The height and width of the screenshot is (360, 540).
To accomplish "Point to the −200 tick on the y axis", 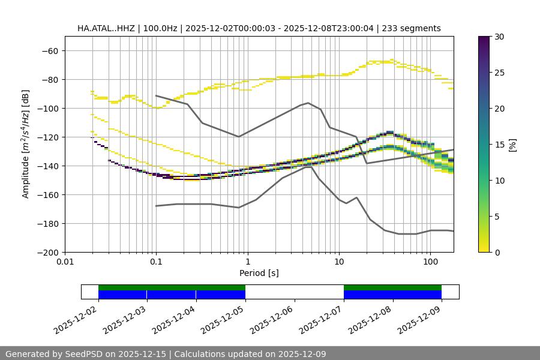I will point(48,252).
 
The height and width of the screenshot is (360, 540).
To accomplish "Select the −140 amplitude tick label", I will point(48,166).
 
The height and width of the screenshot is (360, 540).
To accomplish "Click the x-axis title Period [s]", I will point(259,273).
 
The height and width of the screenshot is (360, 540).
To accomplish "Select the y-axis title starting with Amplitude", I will point(25,144).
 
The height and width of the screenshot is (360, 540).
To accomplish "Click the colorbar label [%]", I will point(512,145).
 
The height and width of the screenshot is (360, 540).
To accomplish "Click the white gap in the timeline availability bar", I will point(294,292).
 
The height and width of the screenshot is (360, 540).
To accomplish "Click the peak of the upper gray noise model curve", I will point(308,103).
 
